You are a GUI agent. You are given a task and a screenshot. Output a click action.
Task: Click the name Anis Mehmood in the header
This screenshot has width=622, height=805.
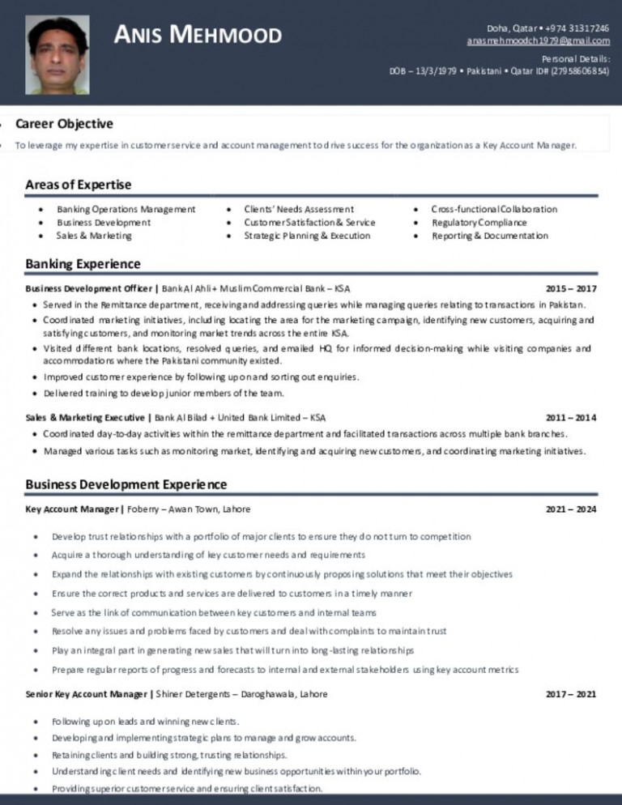point(198,35)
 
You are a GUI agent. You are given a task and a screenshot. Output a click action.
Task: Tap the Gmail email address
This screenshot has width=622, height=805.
point(538,40)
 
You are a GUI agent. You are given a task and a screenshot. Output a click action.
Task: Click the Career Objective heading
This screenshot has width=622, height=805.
point(64,124)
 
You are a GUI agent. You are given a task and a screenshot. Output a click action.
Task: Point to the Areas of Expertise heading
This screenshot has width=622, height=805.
point(78,185)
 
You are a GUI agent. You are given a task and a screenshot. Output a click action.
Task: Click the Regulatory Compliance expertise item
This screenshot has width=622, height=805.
point(479,222)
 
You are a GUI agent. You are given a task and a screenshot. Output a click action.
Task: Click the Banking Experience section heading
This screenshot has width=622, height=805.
point(83,263)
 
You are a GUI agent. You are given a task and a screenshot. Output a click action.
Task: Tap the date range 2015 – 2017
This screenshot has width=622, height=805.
point(571,288)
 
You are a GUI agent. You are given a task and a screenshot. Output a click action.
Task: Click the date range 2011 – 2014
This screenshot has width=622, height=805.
point(571,418)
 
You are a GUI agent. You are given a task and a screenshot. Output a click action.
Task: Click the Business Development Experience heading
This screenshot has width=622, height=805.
point(126,484)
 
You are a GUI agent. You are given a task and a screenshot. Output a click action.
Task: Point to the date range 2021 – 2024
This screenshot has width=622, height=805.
point(571,509)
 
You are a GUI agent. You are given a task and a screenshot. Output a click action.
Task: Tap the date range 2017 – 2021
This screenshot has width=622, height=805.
point(571,694)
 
